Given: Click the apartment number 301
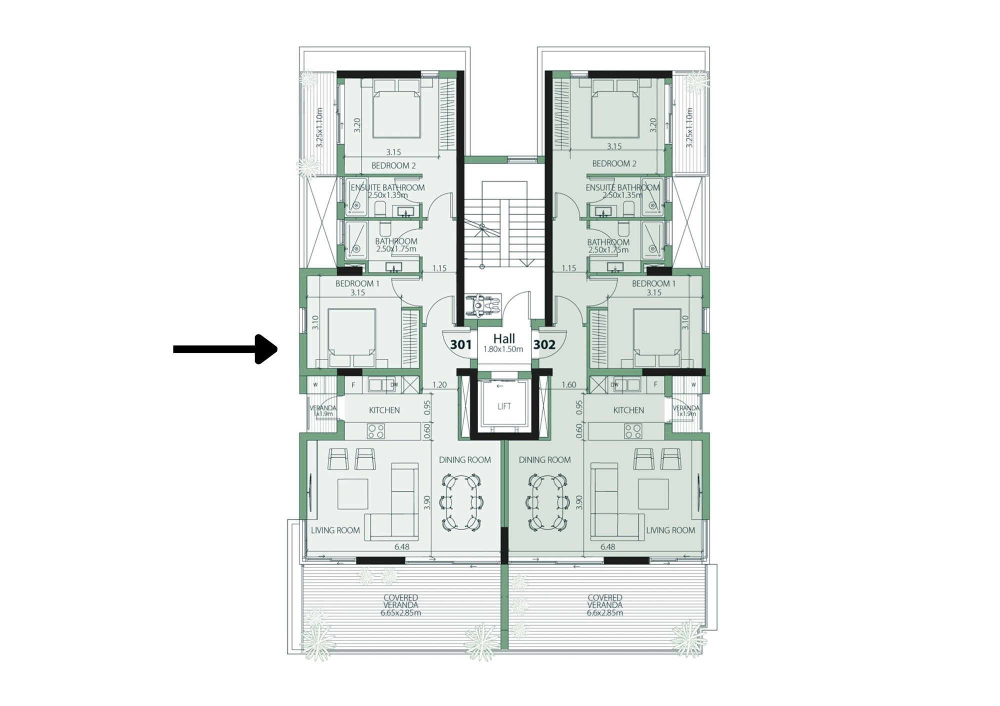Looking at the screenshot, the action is coord(460,344).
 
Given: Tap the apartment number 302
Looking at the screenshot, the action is coord(544,344).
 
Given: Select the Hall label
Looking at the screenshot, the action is coord(504,338).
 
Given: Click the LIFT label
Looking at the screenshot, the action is coord(504,406).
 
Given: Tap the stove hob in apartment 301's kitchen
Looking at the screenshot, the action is coord(375,431).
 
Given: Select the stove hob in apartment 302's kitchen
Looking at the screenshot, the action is coord(633,431).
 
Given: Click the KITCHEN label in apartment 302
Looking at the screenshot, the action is coord(628,410).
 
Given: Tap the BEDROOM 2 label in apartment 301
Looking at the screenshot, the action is coord(393,165).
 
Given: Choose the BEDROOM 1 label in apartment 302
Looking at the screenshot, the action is coord(653,283).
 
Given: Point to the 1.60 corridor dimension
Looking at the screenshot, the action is coord(569,385).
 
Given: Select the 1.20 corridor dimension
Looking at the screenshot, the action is coord(439,385).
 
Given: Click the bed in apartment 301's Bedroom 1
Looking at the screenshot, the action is coord(352,338).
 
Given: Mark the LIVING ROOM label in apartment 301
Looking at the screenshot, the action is coord(335,530).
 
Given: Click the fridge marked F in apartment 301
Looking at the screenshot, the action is coord(353,384).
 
